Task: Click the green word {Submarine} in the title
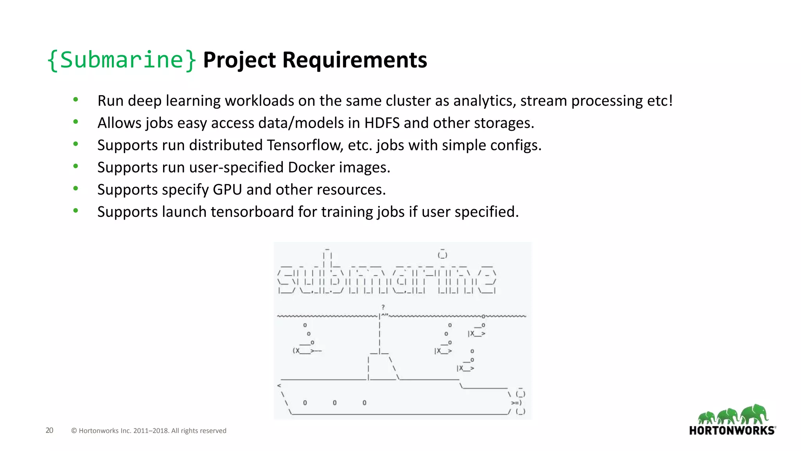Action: click(x=121, y=60)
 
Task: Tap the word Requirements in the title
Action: click(x=354, y=60)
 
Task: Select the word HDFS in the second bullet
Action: click(x=382, y=123)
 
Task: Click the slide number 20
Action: click(x=49, y=430)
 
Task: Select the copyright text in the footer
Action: click(x=149, y=431)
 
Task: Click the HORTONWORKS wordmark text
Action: click(x=732, y=431)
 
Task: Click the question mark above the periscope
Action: click(x=383, y=307)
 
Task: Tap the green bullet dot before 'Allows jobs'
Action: click(x=76, y=122)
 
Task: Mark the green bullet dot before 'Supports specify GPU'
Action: click(x=76, y=188)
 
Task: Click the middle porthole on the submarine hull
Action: click(x=335, y=402)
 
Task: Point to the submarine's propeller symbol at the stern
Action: click(x=516, y=403)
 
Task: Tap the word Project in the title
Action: click(x=239, y=60)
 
